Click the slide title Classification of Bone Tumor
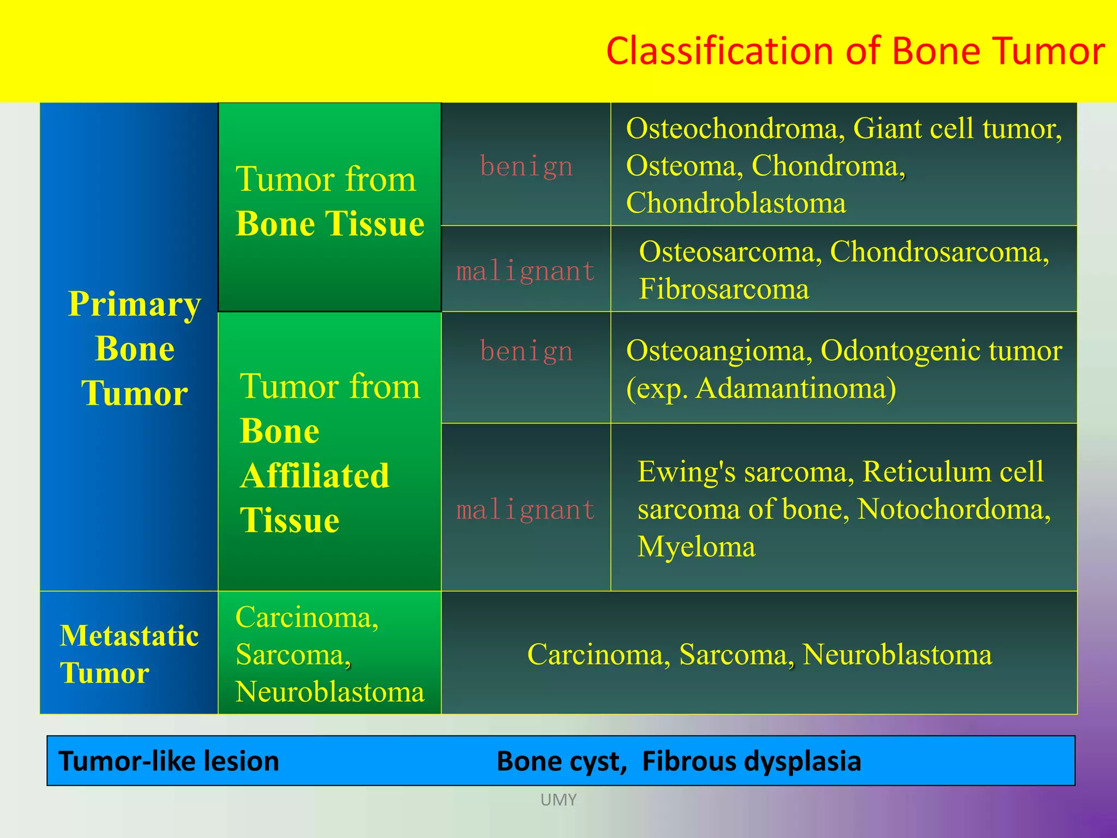[855, 51]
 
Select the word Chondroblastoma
[736, 203]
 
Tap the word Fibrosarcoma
[724, 289]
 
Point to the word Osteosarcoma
[730, 252]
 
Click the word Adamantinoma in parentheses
[794, 389]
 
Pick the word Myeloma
[696, 547]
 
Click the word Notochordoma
[953, 509]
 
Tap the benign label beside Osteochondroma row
[526, 166]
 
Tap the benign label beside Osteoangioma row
[526, 351]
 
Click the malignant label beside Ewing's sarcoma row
[525, 510]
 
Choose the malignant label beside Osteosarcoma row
[525, 271]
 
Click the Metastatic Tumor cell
[129, 654]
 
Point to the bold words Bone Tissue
[329, 224]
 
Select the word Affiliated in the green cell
[315, 476]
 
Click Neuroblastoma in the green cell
[329, 692]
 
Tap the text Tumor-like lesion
[169, 761]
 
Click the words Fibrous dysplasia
[751, 761]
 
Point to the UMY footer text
[558, 800]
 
